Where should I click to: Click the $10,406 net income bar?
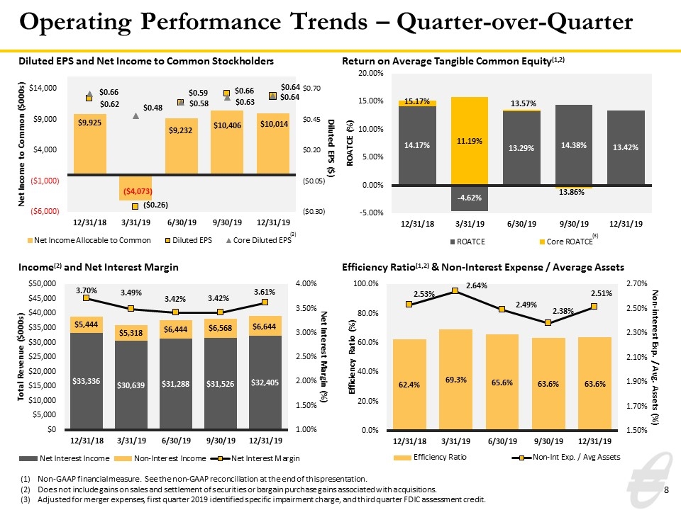pyautogui.click(x=227, y=142)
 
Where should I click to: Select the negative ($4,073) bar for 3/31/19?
pyautogui.click(x=135, y=188)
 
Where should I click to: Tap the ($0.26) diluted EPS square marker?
pyautogui.click(x=135, y=206)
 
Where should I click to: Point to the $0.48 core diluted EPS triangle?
pyautogui.click(x=135, y=115)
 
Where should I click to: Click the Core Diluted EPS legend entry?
pyautogui.click(x=259, y=240)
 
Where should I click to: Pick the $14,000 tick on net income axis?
pyautogui.click(x=43, y=88)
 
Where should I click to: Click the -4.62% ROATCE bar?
pyautogui.click(x=470, y=198)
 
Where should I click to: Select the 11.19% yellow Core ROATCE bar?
pyautogui.click(x=470, y=141)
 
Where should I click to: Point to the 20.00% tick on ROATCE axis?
pyautogui.click(x=370, y=73)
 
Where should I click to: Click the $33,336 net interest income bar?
pyautogui.click(x=87, y=381)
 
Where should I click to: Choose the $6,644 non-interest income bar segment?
pyautogui.click(x=265, y=326)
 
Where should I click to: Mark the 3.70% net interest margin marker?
pyautogui.click(x=86, y=298)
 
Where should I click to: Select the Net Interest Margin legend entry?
pyautogui.click(x=255, y=458)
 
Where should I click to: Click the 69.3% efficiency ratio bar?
pyautogui.click(x=455, y=379)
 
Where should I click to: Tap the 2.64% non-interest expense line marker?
pyautogui.click(x=455, y=290)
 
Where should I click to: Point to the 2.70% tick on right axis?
pyautogui.click(x=637, y=283)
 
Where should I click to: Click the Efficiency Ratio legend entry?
pyautogui.click(x=430, y=457)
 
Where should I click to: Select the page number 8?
pyautogui.click(x=666, y=490)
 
